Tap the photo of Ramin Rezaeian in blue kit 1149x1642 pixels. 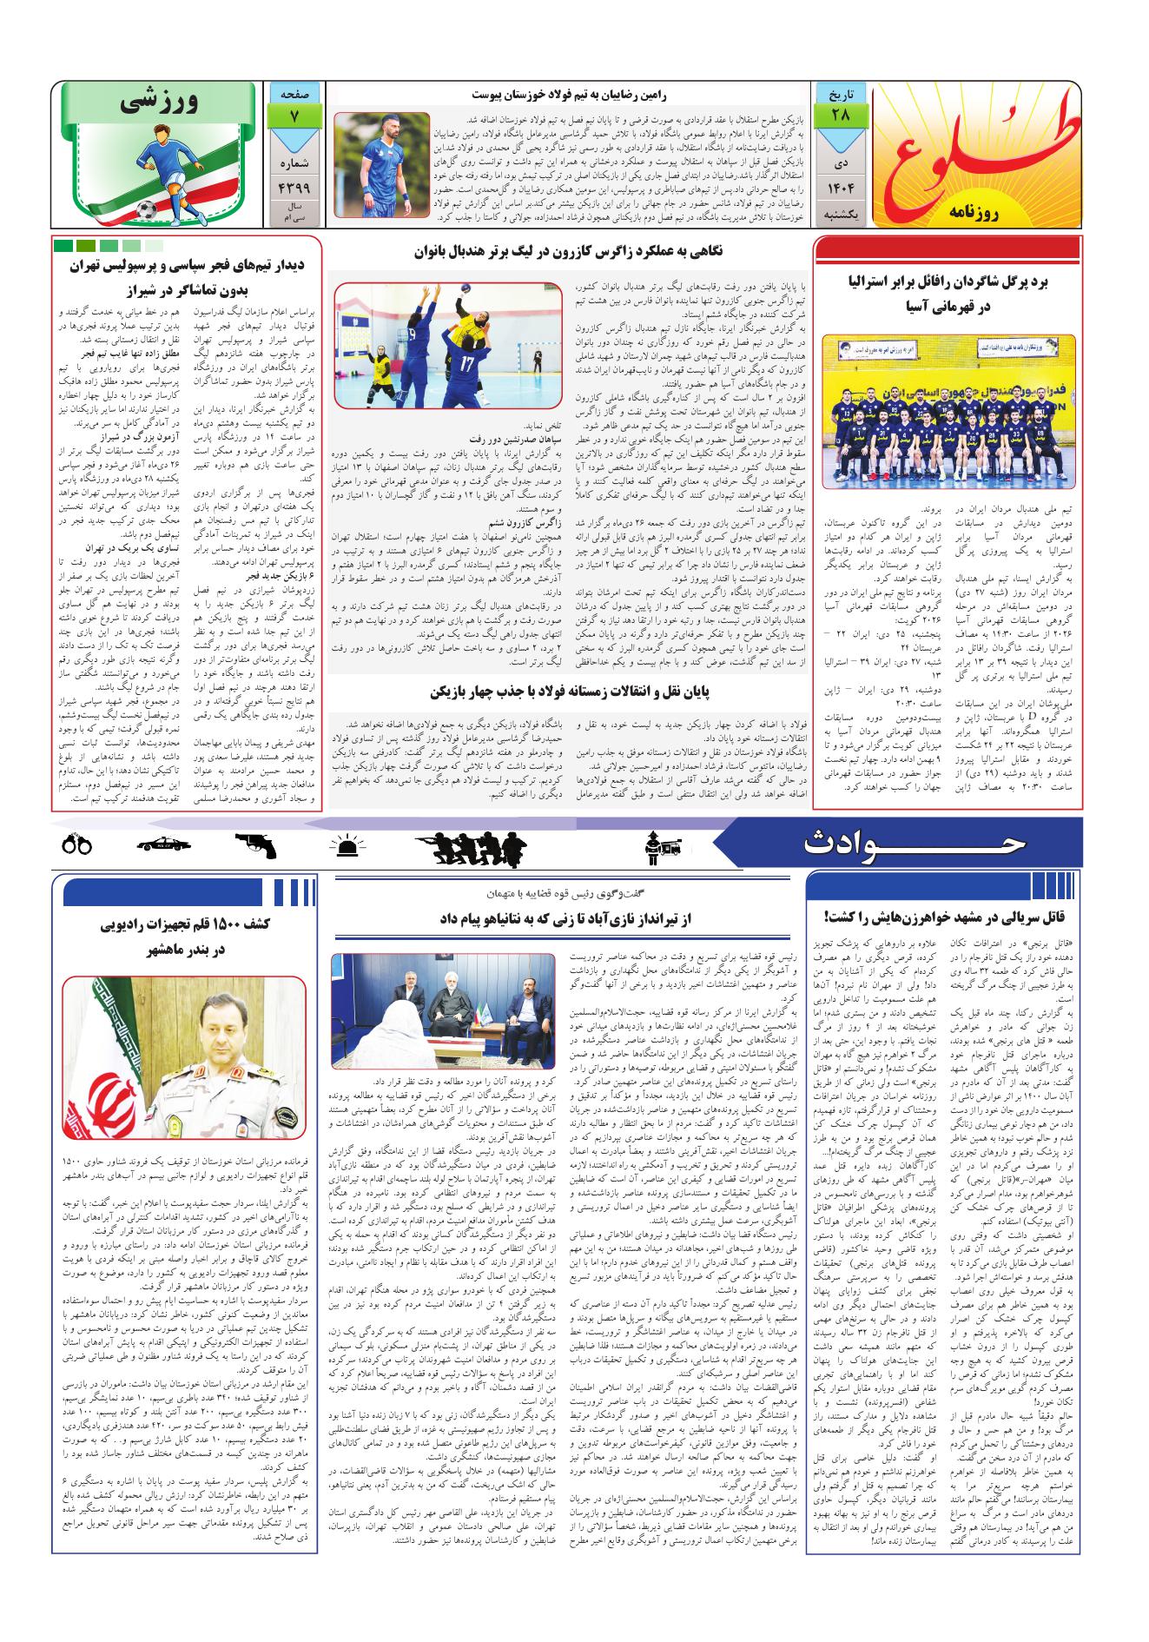[x=381, y=164]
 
